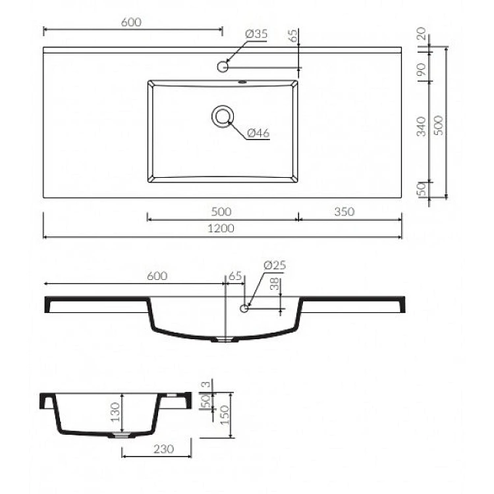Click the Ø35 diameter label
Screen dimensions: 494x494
256,34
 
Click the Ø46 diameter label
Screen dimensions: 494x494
258,133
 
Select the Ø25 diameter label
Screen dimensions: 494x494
275,265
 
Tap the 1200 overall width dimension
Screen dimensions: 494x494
221,228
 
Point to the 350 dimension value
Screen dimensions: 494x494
344,211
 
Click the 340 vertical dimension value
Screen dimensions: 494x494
422,126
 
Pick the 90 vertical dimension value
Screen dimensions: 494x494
422,69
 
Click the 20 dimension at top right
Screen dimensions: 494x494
422,34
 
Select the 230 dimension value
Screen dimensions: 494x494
163,449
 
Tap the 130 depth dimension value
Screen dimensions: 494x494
115,412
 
